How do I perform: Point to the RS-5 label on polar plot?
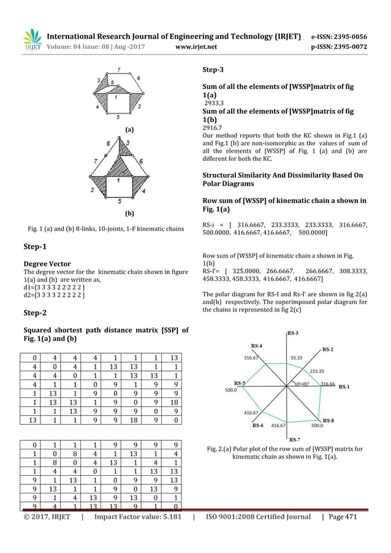pos(235,384)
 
